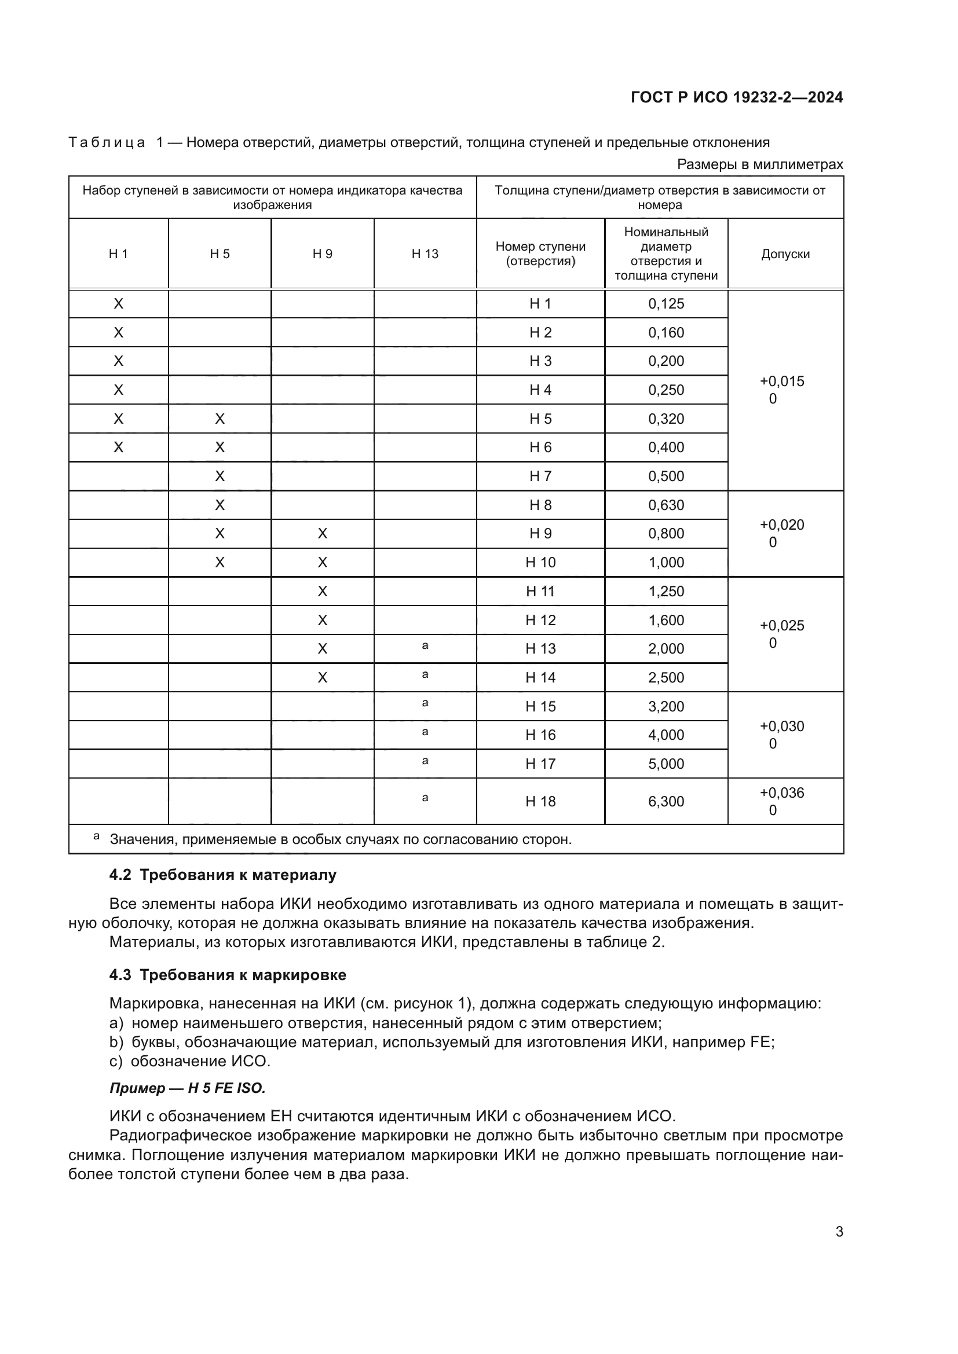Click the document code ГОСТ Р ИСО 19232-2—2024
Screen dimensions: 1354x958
[x=736, y=97]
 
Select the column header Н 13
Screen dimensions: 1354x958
[x=425, y=254]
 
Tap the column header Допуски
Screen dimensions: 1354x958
[x=785, y=254]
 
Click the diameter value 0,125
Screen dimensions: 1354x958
[x=666, y=304]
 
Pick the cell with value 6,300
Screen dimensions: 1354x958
[x=666, y=801]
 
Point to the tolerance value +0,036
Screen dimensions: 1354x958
[x=781, y=793]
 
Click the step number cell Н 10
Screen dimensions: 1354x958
[x=540, y=563]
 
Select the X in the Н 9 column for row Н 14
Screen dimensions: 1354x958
[x=322, y=678]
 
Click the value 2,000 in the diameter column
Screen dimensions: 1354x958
[x=666, y=649]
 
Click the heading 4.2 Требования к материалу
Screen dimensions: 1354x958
[x=222, y=875]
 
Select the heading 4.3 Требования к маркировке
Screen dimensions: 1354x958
[x=228, y=975]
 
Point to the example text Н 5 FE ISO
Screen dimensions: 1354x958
[x=226, y=1088]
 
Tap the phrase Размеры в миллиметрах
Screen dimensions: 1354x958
[x=760, y=164]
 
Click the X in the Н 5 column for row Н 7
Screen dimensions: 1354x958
[x=220, y=476]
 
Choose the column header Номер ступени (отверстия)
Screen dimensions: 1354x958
[x=540, y=254]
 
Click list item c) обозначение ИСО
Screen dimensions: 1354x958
[x=190, y=1062]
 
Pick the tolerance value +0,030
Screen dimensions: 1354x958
[x=781, y=726]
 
